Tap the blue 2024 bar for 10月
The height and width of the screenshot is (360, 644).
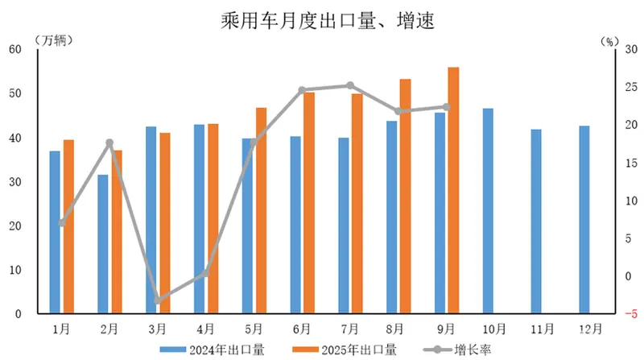tap(489, 211)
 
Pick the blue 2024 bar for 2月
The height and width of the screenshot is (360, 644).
tap(103, 243)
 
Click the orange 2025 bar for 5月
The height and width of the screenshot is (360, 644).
tap(261, 210)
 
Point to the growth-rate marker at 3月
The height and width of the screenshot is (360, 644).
tap(158, 300)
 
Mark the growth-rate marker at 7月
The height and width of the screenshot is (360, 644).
tap(350, 85)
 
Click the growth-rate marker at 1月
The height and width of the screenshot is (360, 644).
tap(62, 222)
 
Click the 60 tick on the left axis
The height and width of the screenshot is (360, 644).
tap(15, 50)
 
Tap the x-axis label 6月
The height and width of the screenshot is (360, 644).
tap(303, 329)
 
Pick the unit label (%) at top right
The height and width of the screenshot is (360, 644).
tap(611, 37)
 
